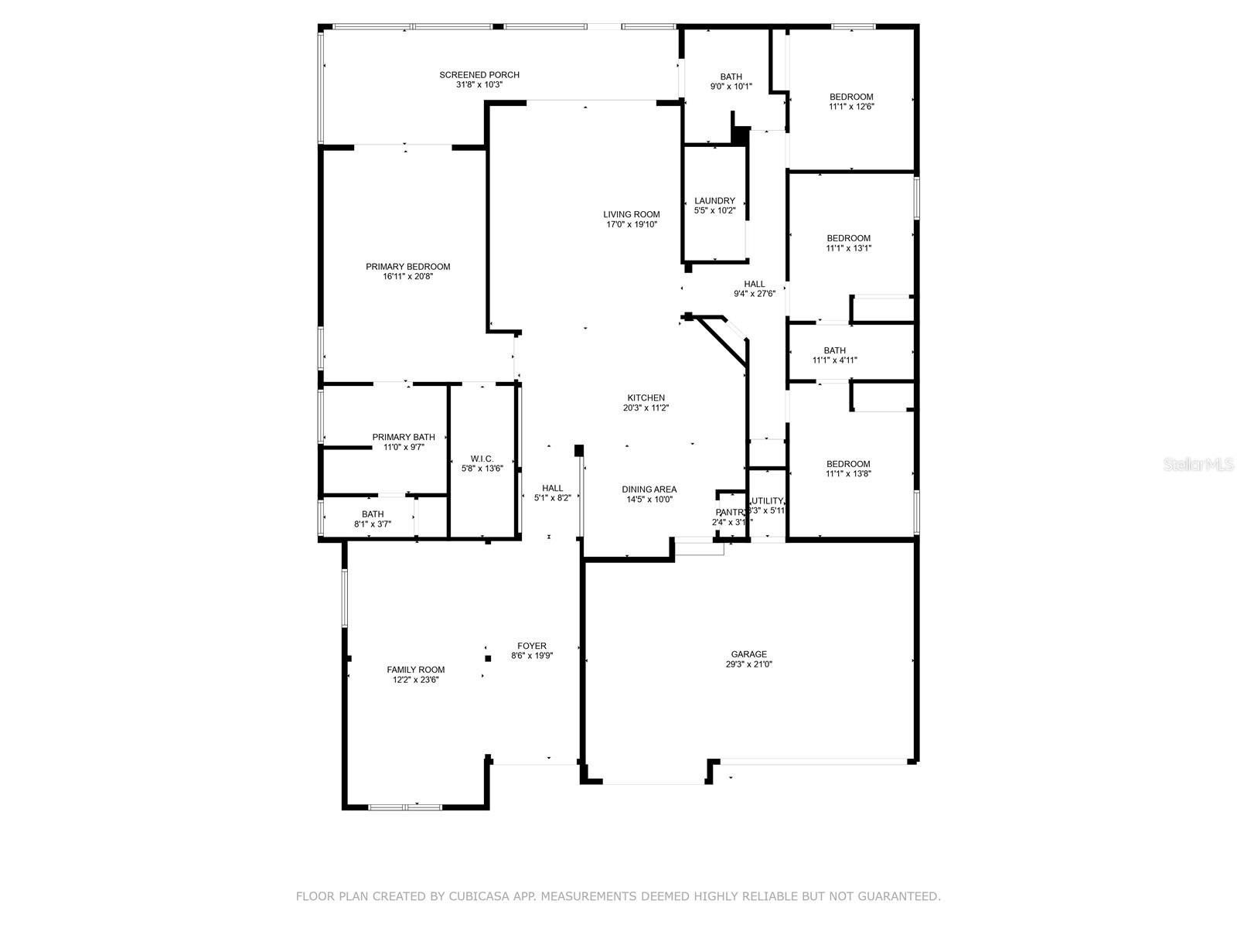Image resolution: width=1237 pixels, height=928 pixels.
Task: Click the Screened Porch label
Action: pyautogui.click(x=479, y=75)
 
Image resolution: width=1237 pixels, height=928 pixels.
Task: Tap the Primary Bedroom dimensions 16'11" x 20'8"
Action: pyautogui.click(x=407, y=277)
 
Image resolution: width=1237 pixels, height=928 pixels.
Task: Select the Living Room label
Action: pyautogui.click(x=632, y=214)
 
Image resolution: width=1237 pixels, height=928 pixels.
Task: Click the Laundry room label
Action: pyautogui.click(x=714, y=200)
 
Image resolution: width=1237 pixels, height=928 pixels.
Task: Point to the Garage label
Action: pyautogui.click(x=749, y=653)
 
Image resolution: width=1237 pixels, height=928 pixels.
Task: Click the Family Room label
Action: pyautogui.click(x=416, y=670)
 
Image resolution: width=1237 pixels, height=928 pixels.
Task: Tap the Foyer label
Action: pyautogui.click(x=532, y=646)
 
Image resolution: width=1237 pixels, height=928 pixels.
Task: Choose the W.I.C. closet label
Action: pyautogui.click(x=482, y=459)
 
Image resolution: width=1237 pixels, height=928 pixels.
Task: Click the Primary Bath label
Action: pyautogui.click(x=404, y=437)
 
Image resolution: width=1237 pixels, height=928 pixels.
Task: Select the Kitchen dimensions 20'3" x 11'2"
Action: pyautogui.click(x=646, y=408)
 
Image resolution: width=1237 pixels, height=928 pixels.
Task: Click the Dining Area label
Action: pyautogui.click(x=649, y=489)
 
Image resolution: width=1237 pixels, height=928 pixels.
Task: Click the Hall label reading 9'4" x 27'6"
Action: pyautogui.click(x=755, y=284)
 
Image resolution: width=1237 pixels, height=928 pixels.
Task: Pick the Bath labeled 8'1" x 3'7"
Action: pyautogui.click(x=373, y=514)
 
